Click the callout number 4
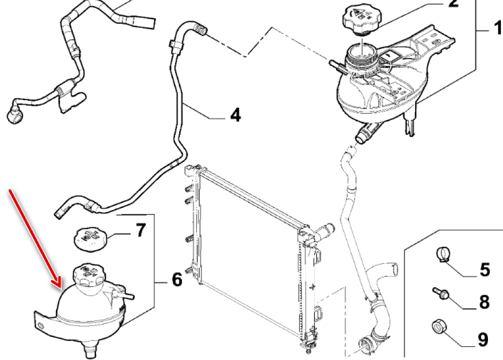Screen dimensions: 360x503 point(234,115)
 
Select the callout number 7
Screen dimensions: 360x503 point(140,231)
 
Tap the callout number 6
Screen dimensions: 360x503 point(177,279)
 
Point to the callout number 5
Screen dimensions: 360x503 point(484,270)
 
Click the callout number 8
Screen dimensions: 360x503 point(484,302)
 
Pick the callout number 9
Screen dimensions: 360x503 point(482,340)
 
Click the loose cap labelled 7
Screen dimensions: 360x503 point(90,238)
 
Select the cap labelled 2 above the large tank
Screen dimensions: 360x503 point(361,21)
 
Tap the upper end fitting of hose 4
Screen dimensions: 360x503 point(201,29)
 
